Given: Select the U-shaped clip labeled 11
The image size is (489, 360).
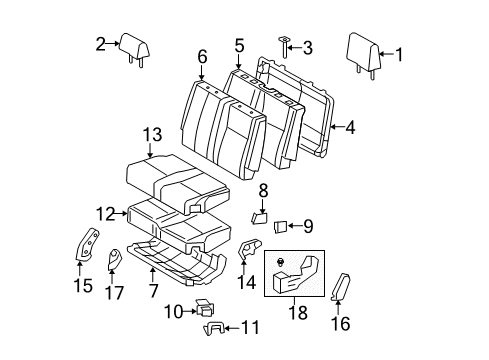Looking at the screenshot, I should pyautogui.click(x=212, y=326).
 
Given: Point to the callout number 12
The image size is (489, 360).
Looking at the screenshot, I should pyautogui.click(x=104, y=213).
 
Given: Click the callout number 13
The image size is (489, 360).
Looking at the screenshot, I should pyautogui.click(x=150, y=134).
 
